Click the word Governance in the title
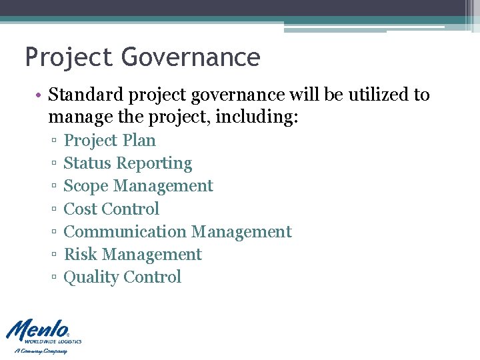[x=191, y=57]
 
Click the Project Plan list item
[x=109, y=141]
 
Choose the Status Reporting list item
[x=127, y=163]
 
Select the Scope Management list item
[x=138, y=186]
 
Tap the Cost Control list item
[x=111, y=209]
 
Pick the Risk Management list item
[x=133, y=254]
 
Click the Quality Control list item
[x=122, y=277]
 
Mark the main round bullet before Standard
[x=40, y=95]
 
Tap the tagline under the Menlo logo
[x=41, y=351]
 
